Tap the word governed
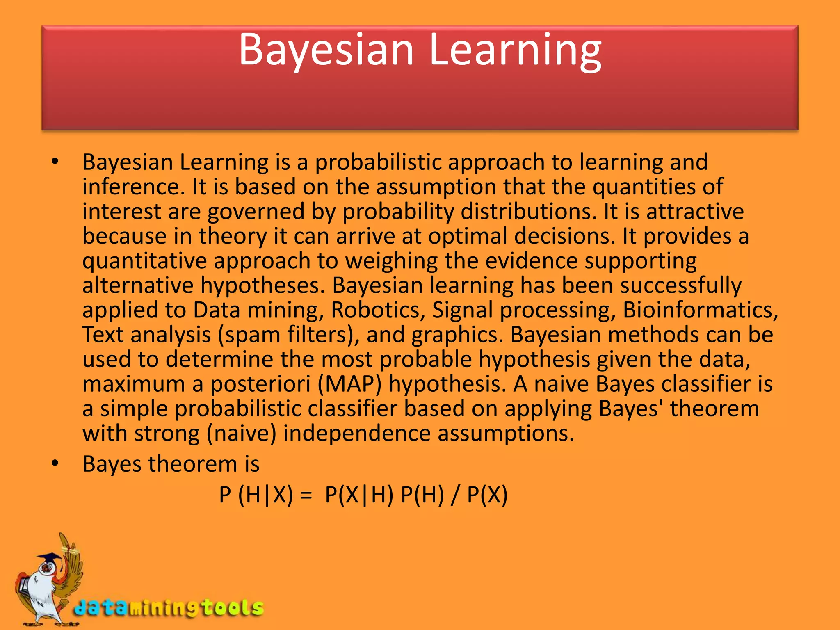tap(256, 212)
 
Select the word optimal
tap(468, 237)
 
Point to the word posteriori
tap(260, 384)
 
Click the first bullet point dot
tap(55, 162)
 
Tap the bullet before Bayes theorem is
tap(55, 464)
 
